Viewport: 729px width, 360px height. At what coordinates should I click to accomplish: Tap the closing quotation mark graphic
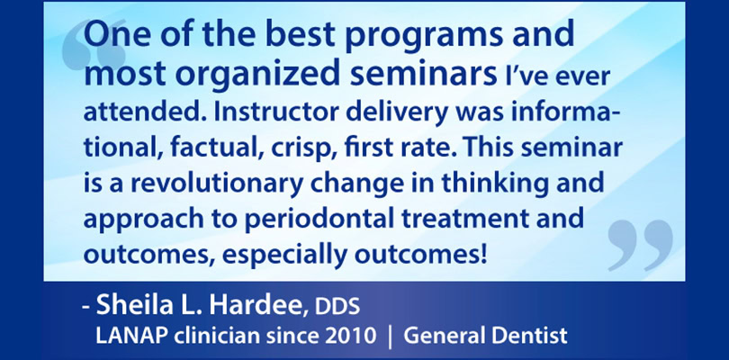point(641,245)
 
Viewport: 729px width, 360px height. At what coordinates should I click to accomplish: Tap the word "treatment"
point(468,219)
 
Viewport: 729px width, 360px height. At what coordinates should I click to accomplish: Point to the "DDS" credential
point(337,307)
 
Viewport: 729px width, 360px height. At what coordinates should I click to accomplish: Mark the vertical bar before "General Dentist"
point(390,337)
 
